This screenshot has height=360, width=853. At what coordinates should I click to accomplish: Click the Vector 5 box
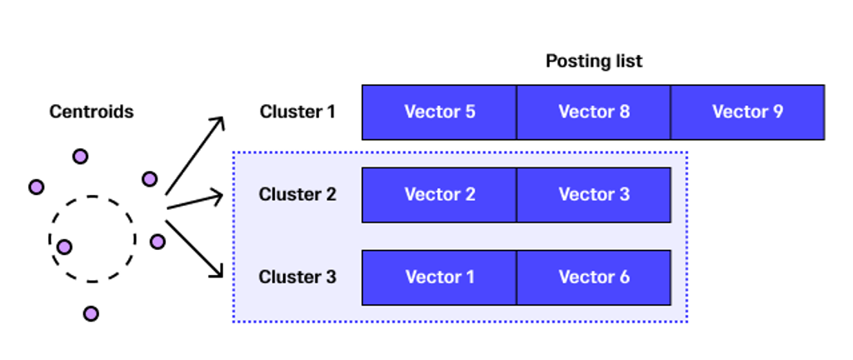[439, 112]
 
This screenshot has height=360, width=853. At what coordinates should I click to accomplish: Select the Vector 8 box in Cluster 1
[593, 112]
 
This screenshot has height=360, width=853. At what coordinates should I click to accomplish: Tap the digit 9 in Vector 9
[777, 112]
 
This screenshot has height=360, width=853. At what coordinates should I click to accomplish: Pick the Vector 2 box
[439, 195]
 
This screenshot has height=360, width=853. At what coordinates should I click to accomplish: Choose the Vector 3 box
[593, 195]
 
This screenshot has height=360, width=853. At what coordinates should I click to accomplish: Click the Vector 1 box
[439, 277]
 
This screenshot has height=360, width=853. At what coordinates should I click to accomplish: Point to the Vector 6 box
[593, 277]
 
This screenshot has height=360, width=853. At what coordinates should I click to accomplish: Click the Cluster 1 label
[297, 112]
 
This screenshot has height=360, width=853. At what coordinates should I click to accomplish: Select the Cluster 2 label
[297, 194]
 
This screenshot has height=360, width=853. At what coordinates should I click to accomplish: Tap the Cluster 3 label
[297, 277]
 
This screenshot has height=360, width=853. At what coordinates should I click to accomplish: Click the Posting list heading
[593, 61]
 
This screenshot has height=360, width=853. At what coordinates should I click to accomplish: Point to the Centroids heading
[92, 112]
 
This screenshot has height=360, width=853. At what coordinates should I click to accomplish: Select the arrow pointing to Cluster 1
[195, 155]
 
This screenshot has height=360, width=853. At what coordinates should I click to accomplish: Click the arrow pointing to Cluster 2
[195, 200]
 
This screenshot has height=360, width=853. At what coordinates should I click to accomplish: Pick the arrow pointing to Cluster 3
[194, 248]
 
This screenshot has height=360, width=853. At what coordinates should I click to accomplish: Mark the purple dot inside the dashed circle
[64, 247]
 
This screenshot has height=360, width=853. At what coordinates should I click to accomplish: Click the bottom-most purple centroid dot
[91, 314]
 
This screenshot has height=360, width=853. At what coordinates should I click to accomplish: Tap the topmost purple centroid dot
[80, 157]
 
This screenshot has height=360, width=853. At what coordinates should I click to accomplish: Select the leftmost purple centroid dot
[36, 187]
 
